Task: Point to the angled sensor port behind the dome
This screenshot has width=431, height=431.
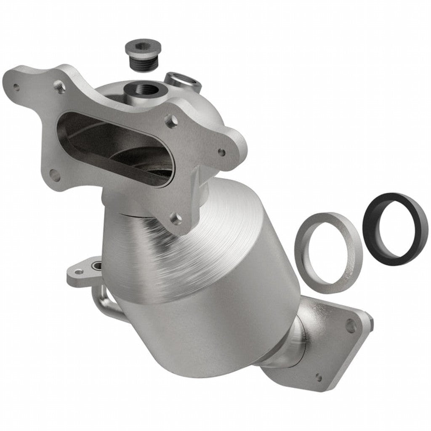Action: tap(182, 79)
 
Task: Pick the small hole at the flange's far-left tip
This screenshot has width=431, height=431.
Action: tap(16, 88)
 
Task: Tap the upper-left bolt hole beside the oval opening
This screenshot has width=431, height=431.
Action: tap(59, 87)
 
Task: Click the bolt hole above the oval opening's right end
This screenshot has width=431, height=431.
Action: tap(170, 122)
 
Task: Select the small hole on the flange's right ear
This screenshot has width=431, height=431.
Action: tap(221, 152)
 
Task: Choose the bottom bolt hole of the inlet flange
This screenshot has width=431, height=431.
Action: tap(176, 218)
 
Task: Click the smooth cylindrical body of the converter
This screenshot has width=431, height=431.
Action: tap(210, 328)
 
